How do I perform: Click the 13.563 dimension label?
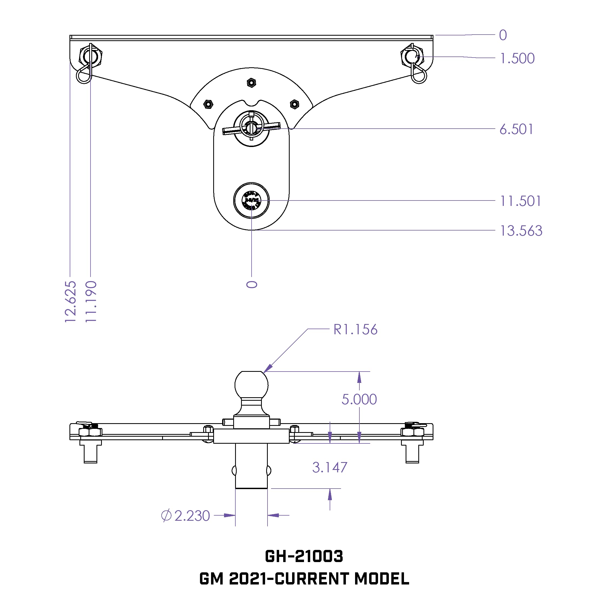coord(521,231)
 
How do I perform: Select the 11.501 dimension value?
coord(520,201)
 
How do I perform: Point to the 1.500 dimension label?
coord(517,59)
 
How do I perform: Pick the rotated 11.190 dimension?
coord(91,302)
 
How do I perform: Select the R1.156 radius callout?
coord(355,329)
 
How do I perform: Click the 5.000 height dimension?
coord(359,399)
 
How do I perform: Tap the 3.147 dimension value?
coord(329,467)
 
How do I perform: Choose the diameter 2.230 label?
coord(186,516)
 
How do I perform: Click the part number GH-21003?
coord(304,556)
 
